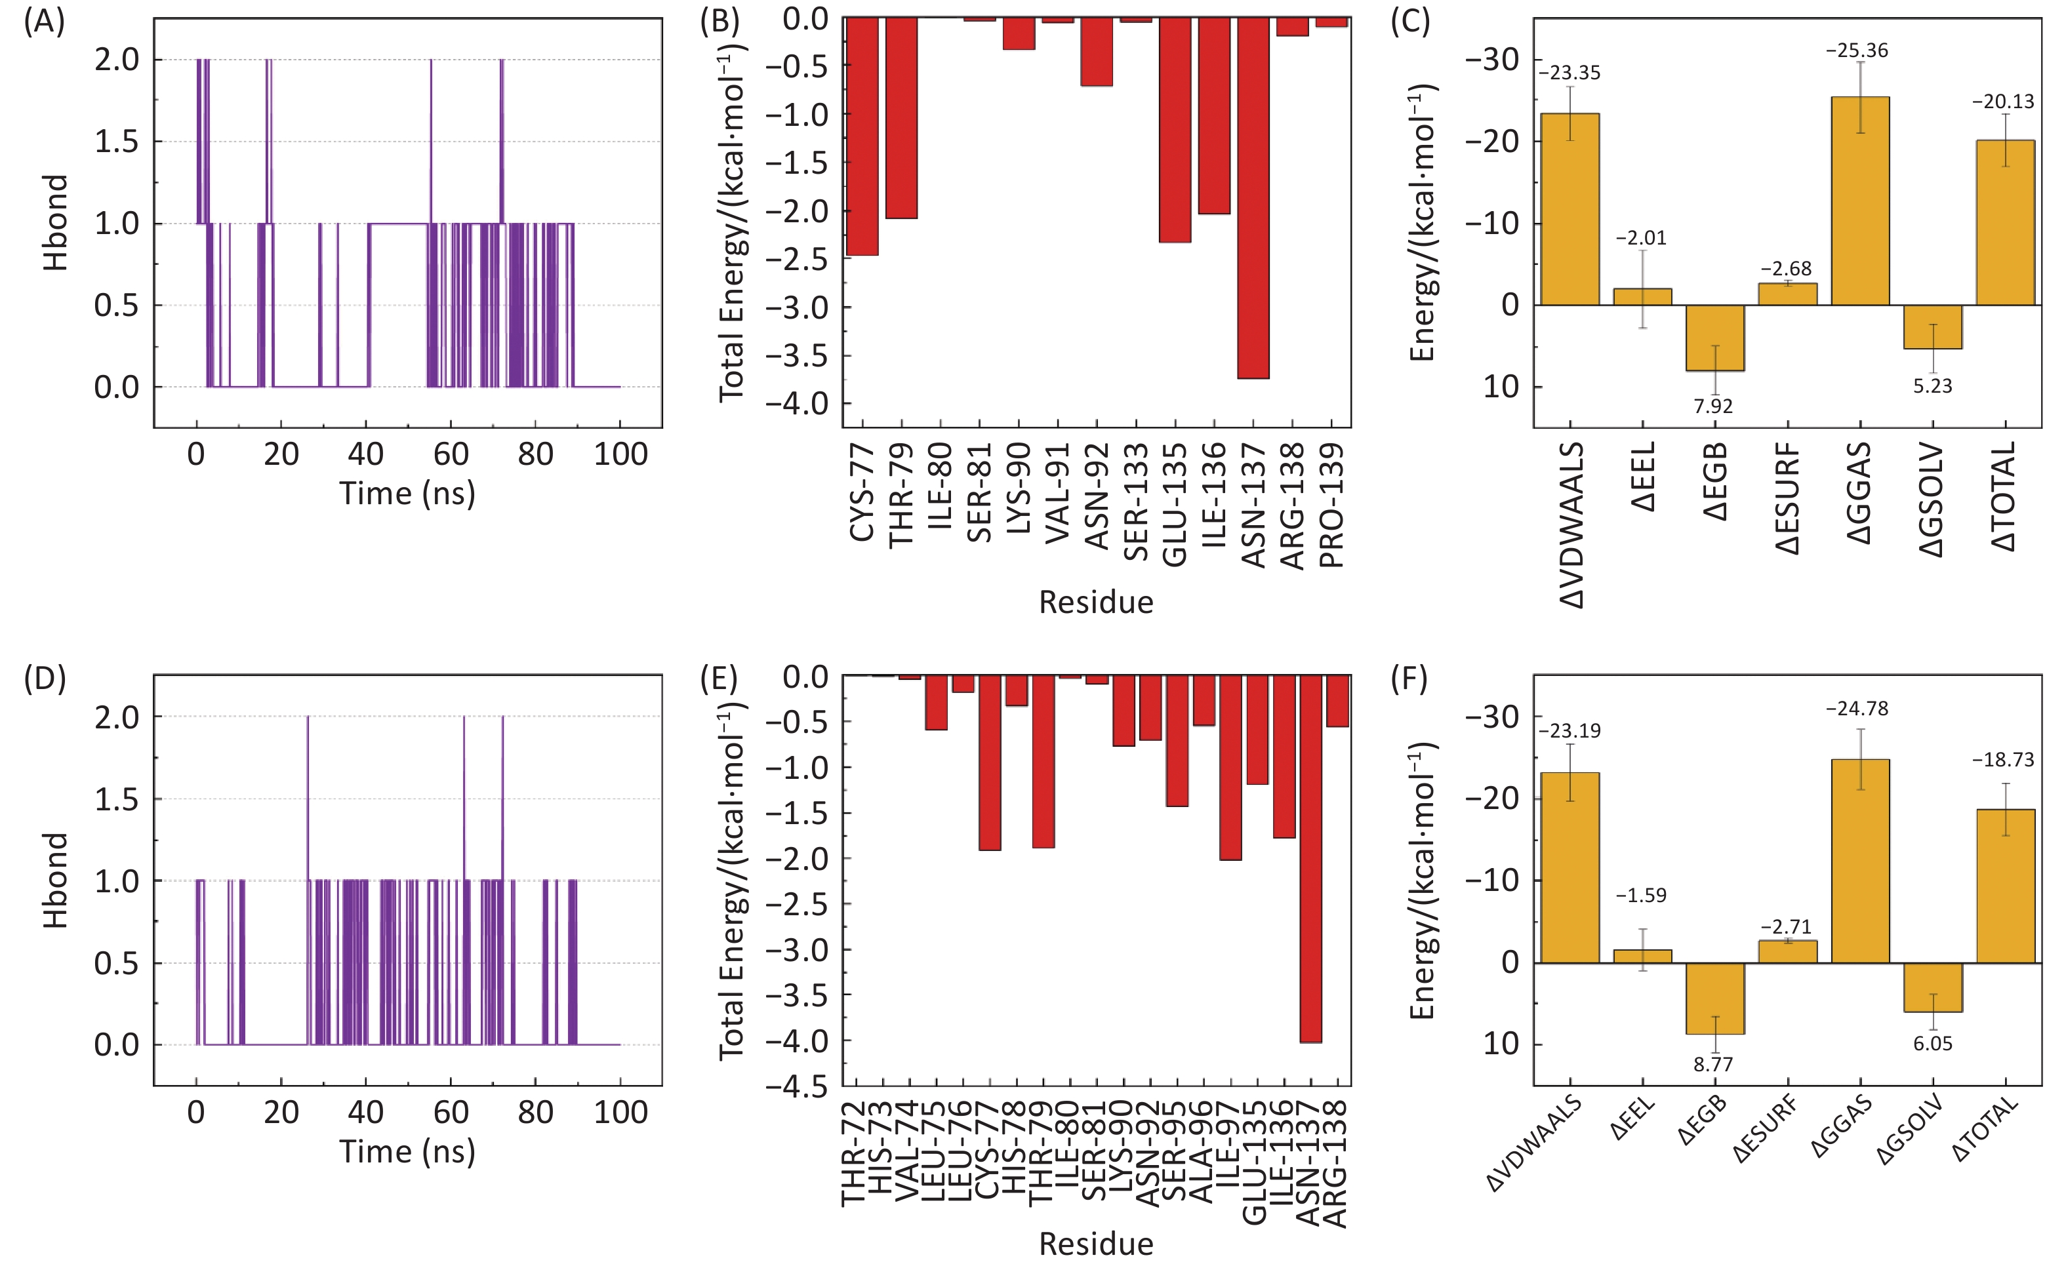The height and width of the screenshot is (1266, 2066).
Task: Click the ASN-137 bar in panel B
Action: point(1253,198)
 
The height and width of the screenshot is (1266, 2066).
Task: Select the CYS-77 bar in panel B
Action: point(862,136)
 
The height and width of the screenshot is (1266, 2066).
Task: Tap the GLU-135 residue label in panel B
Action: point(1175,505)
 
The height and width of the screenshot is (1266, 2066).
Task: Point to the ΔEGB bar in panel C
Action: point(1714,338)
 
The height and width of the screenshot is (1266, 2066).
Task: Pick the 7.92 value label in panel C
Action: point(1713,406)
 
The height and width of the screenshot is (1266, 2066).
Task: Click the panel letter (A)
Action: point(43,22)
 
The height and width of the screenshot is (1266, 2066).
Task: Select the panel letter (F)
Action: point(1409,680)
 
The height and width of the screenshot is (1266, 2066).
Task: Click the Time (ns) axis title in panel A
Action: point(407,493)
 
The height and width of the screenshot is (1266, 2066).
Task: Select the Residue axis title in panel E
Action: point(1096,1243)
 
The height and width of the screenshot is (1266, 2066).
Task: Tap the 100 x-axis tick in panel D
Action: point(620,1113)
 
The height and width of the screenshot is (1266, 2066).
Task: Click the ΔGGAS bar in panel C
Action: point(1860,201)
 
